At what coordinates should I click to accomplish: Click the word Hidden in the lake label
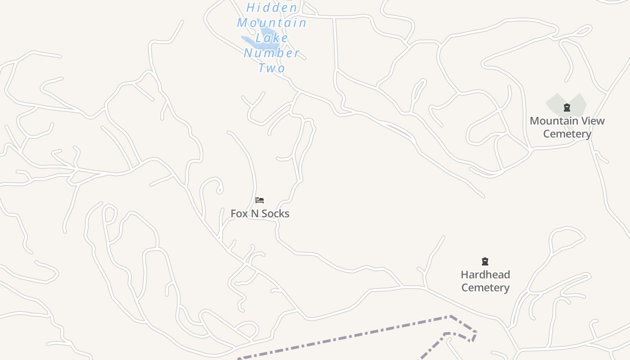[272, 8]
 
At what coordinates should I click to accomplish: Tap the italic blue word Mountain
[272, 22]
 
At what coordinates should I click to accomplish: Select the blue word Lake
[272, 38]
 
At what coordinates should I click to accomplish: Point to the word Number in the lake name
[272, 53]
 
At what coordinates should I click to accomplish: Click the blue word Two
[272, 68]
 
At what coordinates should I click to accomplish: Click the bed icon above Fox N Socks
[260, 200]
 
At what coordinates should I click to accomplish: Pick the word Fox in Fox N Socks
[239, 214]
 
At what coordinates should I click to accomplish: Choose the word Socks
[275, 214]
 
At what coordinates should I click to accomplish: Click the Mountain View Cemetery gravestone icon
[567, 108]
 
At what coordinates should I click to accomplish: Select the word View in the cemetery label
[592, 121]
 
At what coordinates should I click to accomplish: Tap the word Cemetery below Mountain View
[567, 134]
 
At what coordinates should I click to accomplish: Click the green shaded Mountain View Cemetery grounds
[554, 104]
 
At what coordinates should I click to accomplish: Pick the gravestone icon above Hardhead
[485, 261]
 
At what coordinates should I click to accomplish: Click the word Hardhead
[485, 275]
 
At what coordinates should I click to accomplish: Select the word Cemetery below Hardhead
[485, 288]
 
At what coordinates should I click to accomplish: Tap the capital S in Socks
[264, 214]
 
